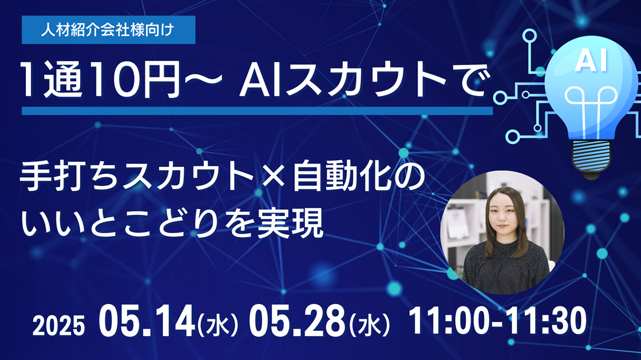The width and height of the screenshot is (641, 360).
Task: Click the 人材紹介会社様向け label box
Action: coord(108,30)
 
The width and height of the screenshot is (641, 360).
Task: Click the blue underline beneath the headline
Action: coord(257,111)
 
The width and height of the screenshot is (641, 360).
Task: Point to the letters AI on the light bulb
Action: coord(591,61)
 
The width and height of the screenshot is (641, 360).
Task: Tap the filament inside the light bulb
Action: coord(591,107)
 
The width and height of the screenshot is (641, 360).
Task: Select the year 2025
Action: coord(58,326)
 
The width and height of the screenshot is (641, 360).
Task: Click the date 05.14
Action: coord(147,322)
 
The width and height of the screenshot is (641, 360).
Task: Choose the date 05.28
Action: coord(298,322)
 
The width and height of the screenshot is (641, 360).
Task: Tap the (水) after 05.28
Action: coord(370,325)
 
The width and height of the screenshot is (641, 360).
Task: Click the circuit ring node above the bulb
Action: coord(530,36)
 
